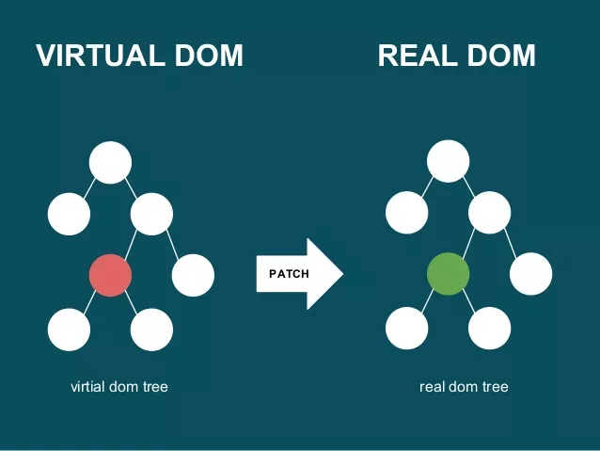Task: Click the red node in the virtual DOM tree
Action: pyautogui.click(x=110, y=275)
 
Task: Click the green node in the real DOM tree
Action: pyautogui.click(x=448, y=275)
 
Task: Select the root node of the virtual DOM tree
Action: pyautogui.click(x=110, y=161)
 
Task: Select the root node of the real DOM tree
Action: pyautogui.click(x=448, y=161)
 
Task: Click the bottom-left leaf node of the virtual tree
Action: pyautogui.click(x=70, y=330)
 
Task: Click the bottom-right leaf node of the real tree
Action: pyautogui.click(x=489, y=330)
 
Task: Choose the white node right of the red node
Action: pyautogui.click(x=194, y=275)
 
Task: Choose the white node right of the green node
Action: pyautogui.click(x=531, y=275)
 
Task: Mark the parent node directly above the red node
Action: pyautogui.click(x=151, y=215)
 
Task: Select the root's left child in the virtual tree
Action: pyautogui.click(x=70, y=215)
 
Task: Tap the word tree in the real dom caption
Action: pyautogui.click(x=494, y=386)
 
